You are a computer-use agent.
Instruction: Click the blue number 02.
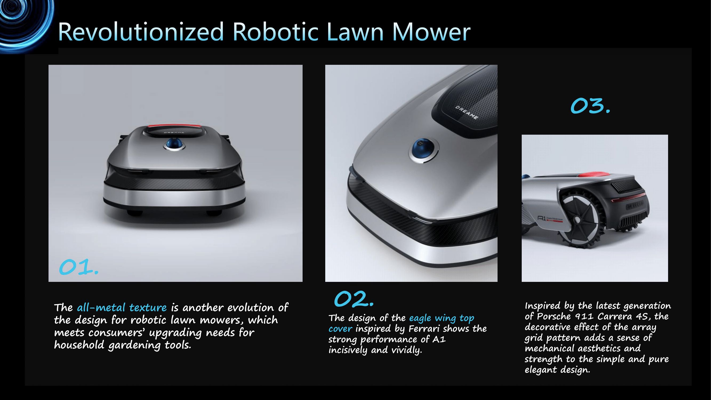pyautogui.click(x=354, y=299)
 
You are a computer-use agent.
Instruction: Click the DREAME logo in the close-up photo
pyautogui.click(x=467, y=113)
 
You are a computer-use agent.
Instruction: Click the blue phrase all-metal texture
pyautogui.click(x=122, y=307)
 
